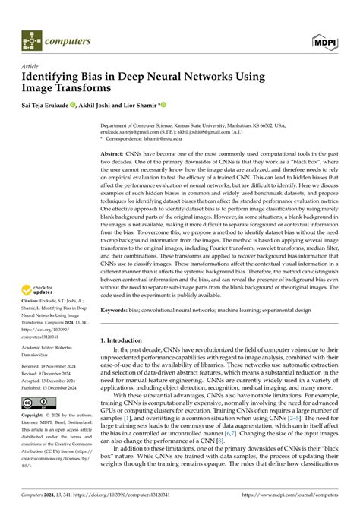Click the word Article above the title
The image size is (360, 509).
(31, 67)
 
